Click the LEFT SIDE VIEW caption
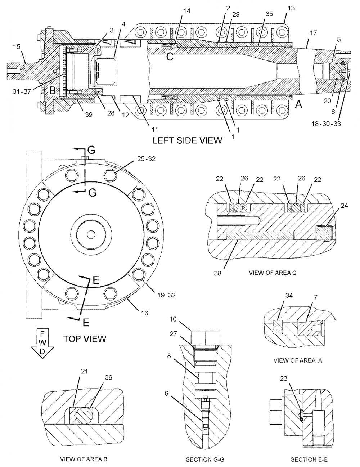click(x=187, y=140)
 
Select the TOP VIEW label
click(x=85, y=339)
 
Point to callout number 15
click(x=17, y=47)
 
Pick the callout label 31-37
click(x=22, y=91)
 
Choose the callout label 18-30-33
click(x=326, y=124)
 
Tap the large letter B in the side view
click(x=53, y=91)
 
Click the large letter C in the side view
click(x=170, y=57)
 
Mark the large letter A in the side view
click(x=299, y=104)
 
